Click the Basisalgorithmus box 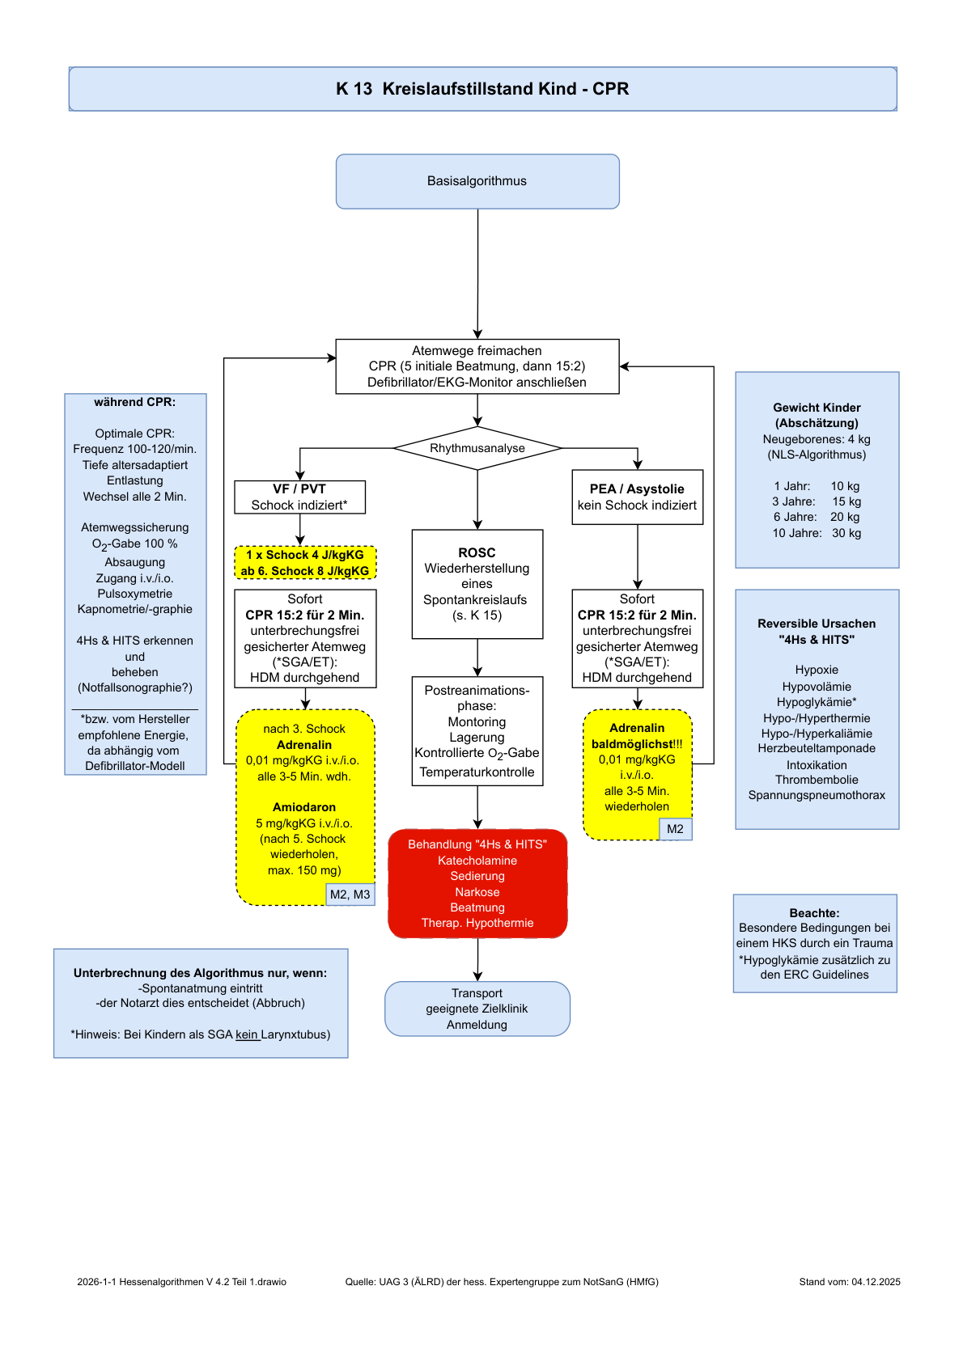click(477, 181)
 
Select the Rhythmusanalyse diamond click(477, 448)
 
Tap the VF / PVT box click(300, 497)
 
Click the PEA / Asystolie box click(638, 497)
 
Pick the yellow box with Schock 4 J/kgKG click(305, 562)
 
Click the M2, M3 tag click(350, 895)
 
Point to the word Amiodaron click(304, 807)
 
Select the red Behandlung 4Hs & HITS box click(477, 883)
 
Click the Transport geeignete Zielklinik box click(477, 1009)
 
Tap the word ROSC click(477, 552)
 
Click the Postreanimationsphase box click(477, 731)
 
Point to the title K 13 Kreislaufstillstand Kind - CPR click(482, 89)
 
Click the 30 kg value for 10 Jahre click(846, 533)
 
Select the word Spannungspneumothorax click(817, 795)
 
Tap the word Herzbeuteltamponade click(817, 748)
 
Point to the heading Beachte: click(815, 912)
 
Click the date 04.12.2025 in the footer click(876, 1282)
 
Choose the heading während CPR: click(135, 402)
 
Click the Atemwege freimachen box click(477, 366)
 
